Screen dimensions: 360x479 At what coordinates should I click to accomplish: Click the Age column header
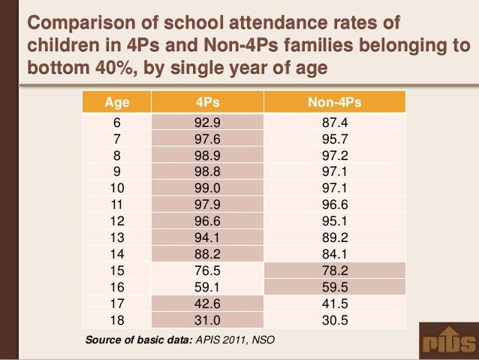[115, 101]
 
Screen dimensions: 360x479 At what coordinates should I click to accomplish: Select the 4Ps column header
[207, 101]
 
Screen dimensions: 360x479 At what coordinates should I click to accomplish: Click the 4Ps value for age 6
[207, 123]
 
